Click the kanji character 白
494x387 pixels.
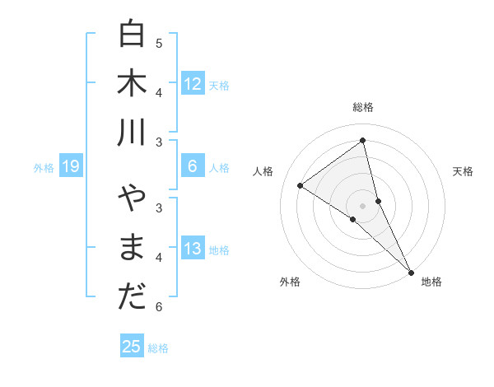coord(132,34)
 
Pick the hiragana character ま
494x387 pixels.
coord(132,248)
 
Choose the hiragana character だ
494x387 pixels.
coord(132,297)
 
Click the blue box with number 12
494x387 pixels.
coord(193,83)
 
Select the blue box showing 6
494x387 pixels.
coord(193,166)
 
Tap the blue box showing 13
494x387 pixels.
coord(193,248)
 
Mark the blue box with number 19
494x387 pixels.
coord(71,167)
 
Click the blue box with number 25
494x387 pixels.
coord(132,347)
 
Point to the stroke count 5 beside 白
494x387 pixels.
coord(159,43)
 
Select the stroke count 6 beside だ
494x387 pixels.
coord(159,307)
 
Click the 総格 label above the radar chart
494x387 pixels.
coord(363,107)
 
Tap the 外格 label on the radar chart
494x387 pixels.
coord(289,282)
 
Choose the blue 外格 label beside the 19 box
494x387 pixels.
coord(44,168)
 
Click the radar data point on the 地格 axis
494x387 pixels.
coord(410,272)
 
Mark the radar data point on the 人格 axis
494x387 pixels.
coord(300,185)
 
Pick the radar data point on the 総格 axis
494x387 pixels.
coord(363,140)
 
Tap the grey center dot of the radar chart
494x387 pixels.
coord(363,205)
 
